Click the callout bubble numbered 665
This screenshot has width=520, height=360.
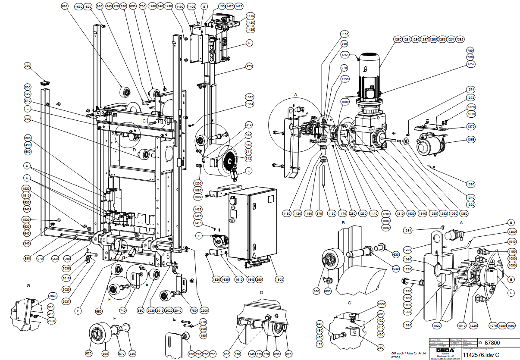coord(65,7)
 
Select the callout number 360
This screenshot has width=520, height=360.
coord(28,66)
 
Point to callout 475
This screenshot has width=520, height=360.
coord(249,66)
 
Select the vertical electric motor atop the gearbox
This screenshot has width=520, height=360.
coord(369,75)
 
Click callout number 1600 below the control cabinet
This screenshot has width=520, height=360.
coord(279,279)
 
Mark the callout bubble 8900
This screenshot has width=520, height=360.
coord(381,304)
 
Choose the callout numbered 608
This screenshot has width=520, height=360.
coord(28,138)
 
